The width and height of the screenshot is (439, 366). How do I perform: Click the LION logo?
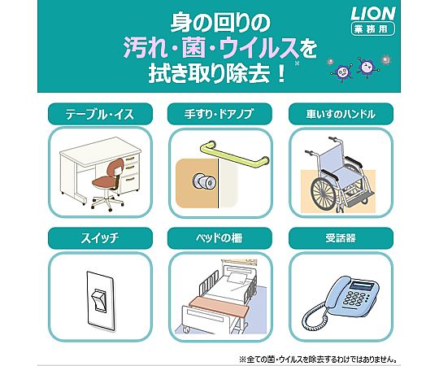pyautogui.click(x=373, y=13)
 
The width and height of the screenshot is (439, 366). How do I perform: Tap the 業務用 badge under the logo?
pyautogui.click(x=373, y=28)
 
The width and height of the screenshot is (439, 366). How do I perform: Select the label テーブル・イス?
pyautogui.click(x=100, y=114)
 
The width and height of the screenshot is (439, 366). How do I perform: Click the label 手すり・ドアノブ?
pyautogui.click(x=219, y=114)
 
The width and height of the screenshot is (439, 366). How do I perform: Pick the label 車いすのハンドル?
pyautogui.click(x=341, y=114)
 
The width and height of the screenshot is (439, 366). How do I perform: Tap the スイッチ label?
pyautogui.click(x=100, y=238)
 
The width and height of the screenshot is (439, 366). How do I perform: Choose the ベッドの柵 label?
pyautogui.click(x=219, y=238)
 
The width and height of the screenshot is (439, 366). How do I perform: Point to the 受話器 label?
pyautogui.click(x=341, y=238)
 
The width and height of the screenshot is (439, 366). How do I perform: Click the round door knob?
pyautogui.click(x=202, y=181)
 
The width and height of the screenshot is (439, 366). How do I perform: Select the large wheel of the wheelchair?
pyautogui.click(x=324, y=193)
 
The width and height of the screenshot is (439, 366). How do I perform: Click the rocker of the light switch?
pyautogui.click(x=100, y=300)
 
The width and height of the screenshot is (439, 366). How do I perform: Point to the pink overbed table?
pyautogui.click(x=219, y=306)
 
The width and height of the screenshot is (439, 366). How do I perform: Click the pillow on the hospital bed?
pyautogui.click(x=237, y=278)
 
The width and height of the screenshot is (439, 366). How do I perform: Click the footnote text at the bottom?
pyautogui.click(x=318, y=359)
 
